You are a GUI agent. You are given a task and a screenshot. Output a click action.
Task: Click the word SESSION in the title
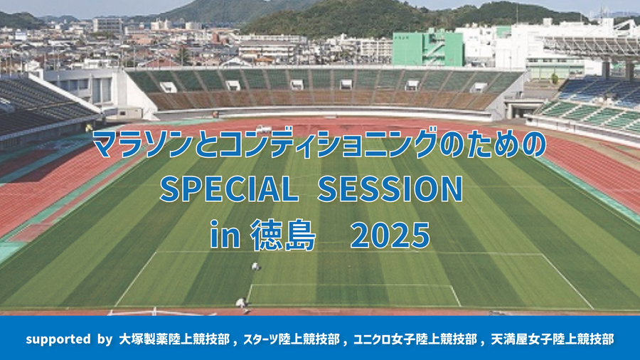coord(390,189)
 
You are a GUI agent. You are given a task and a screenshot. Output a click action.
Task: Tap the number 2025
coord(390,235)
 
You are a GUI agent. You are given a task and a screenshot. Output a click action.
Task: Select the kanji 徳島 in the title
coord(283,235)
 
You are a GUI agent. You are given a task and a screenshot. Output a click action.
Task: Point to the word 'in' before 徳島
coord(225,235)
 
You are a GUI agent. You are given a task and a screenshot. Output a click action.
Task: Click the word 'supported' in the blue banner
coord(58,339)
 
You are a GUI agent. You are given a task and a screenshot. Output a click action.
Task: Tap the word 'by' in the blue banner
coord(105,339)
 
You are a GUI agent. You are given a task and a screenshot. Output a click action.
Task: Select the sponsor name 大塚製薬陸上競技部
coord(174,339)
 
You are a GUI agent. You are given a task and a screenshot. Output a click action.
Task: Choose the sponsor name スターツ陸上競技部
coord(292,339)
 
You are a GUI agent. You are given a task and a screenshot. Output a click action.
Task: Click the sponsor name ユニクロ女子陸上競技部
coord(415,339)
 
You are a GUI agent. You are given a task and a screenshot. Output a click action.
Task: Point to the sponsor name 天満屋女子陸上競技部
coord(553,339)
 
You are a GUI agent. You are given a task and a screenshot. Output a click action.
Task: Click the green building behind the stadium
coord(428,48)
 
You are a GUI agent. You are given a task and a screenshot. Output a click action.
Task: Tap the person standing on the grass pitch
coord(255,267)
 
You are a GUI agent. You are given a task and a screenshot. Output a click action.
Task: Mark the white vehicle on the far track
coord(263,129)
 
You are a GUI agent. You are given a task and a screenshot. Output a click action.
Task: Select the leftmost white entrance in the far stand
coord(168,87)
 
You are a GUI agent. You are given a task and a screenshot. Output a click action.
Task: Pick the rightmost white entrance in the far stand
coord(478,88)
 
